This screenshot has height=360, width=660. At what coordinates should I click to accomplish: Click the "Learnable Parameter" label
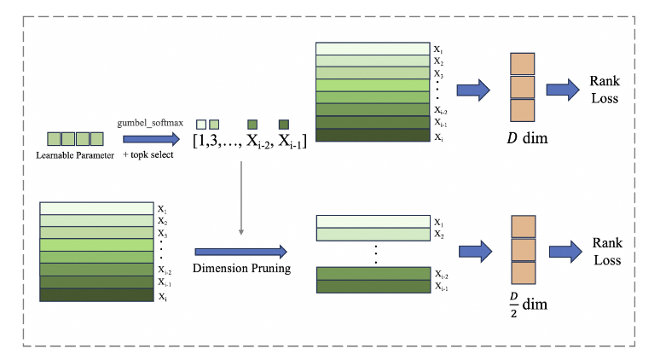tap(76, 154)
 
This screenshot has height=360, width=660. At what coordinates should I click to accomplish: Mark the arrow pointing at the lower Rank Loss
tap(562, 252)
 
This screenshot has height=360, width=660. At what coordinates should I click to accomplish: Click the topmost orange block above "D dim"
tap(522, 66)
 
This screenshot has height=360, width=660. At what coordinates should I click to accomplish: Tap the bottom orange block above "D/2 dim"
tap(522, 272)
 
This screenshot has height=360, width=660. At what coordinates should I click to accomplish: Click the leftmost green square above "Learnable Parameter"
tap(54, 137)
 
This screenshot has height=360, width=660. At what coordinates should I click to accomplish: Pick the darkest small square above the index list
tap(284, 124)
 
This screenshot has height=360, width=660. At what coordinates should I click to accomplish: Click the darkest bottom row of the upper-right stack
tap(372, 135)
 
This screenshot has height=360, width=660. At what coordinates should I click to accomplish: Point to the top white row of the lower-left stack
tap(96, 207)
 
